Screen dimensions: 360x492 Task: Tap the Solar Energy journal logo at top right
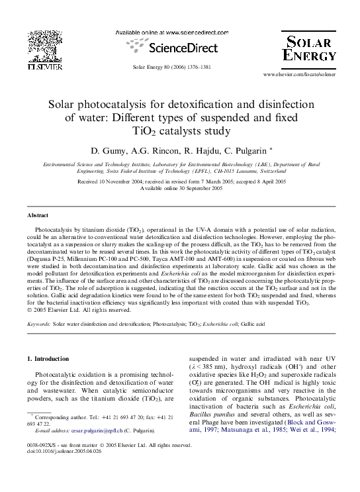310,48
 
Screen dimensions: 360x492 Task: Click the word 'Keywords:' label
38,324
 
